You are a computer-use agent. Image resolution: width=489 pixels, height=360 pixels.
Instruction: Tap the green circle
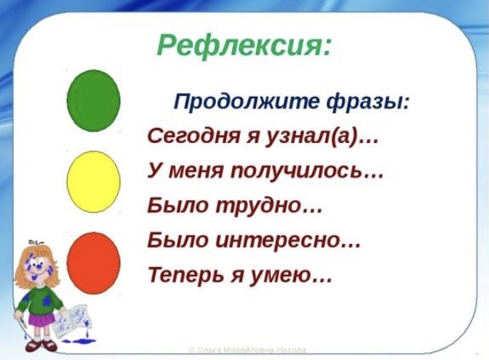tap(94, 101)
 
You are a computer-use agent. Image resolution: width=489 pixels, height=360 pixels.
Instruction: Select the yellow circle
tap(94, 182)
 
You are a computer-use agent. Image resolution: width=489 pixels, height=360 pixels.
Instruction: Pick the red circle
tap(94, 263)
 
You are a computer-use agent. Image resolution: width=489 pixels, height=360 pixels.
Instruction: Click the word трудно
tap(258, 206)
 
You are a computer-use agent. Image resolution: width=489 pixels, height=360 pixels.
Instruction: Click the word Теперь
tap(187, 275)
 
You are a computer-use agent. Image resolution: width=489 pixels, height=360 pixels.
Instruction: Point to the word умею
tap(281, 276)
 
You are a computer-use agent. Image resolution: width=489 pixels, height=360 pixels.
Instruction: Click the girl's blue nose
tap(38, 267)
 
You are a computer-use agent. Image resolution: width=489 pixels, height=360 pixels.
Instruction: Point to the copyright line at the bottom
tap(248, 350)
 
